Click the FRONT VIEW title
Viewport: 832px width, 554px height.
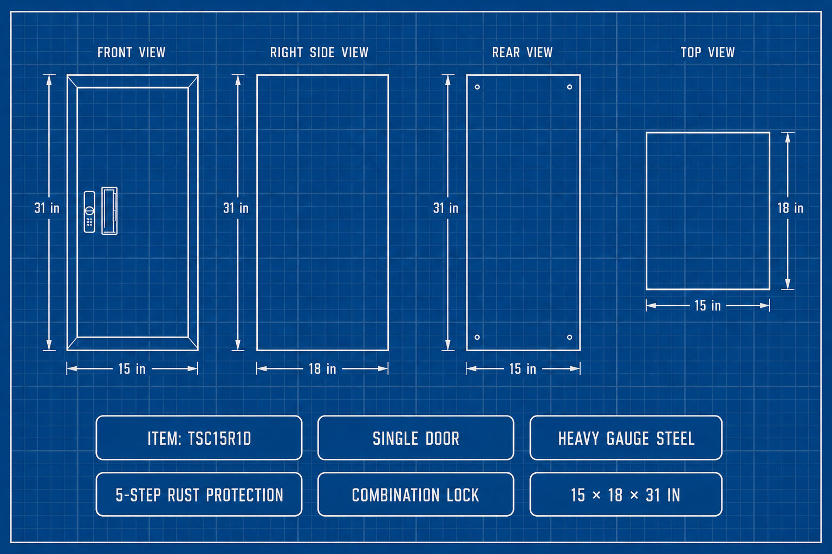tap(132, 52)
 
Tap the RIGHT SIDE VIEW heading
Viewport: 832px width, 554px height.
tap(319, 52)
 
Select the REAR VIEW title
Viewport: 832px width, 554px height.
tap(522, 52)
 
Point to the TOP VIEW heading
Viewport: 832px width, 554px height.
tap(707, 52)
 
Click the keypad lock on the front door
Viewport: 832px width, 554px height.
tap(89, 212)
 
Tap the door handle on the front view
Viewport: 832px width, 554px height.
tap(109, 211)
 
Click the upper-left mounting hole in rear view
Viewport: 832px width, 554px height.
tap(477, 87)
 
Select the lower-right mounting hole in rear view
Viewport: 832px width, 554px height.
tap(569, 337)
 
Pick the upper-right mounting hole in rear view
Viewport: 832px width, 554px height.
tap(569, 87)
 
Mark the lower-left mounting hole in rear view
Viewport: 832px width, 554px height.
tap(477, 337)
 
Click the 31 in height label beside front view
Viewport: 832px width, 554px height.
tap(47, 208)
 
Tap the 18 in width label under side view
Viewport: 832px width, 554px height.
tap(322, 369)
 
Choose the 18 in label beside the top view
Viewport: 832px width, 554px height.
tap(790, 208)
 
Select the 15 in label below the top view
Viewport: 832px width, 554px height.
tap(707, 306)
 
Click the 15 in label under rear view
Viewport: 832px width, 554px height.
tap(523, 369)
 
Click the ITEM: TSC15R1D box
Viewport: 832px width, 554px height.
tap(199, 438)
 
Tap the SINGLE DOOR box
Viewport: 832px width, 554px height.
tap(416, 438)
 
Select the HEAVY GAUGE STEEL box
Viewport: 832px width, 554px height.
tap(626, 438)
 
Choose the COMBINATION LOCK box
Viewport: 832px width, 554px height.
tap(416, 494)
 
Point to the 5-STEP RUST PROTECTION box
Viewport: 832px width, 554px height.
tap(199, 494)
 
